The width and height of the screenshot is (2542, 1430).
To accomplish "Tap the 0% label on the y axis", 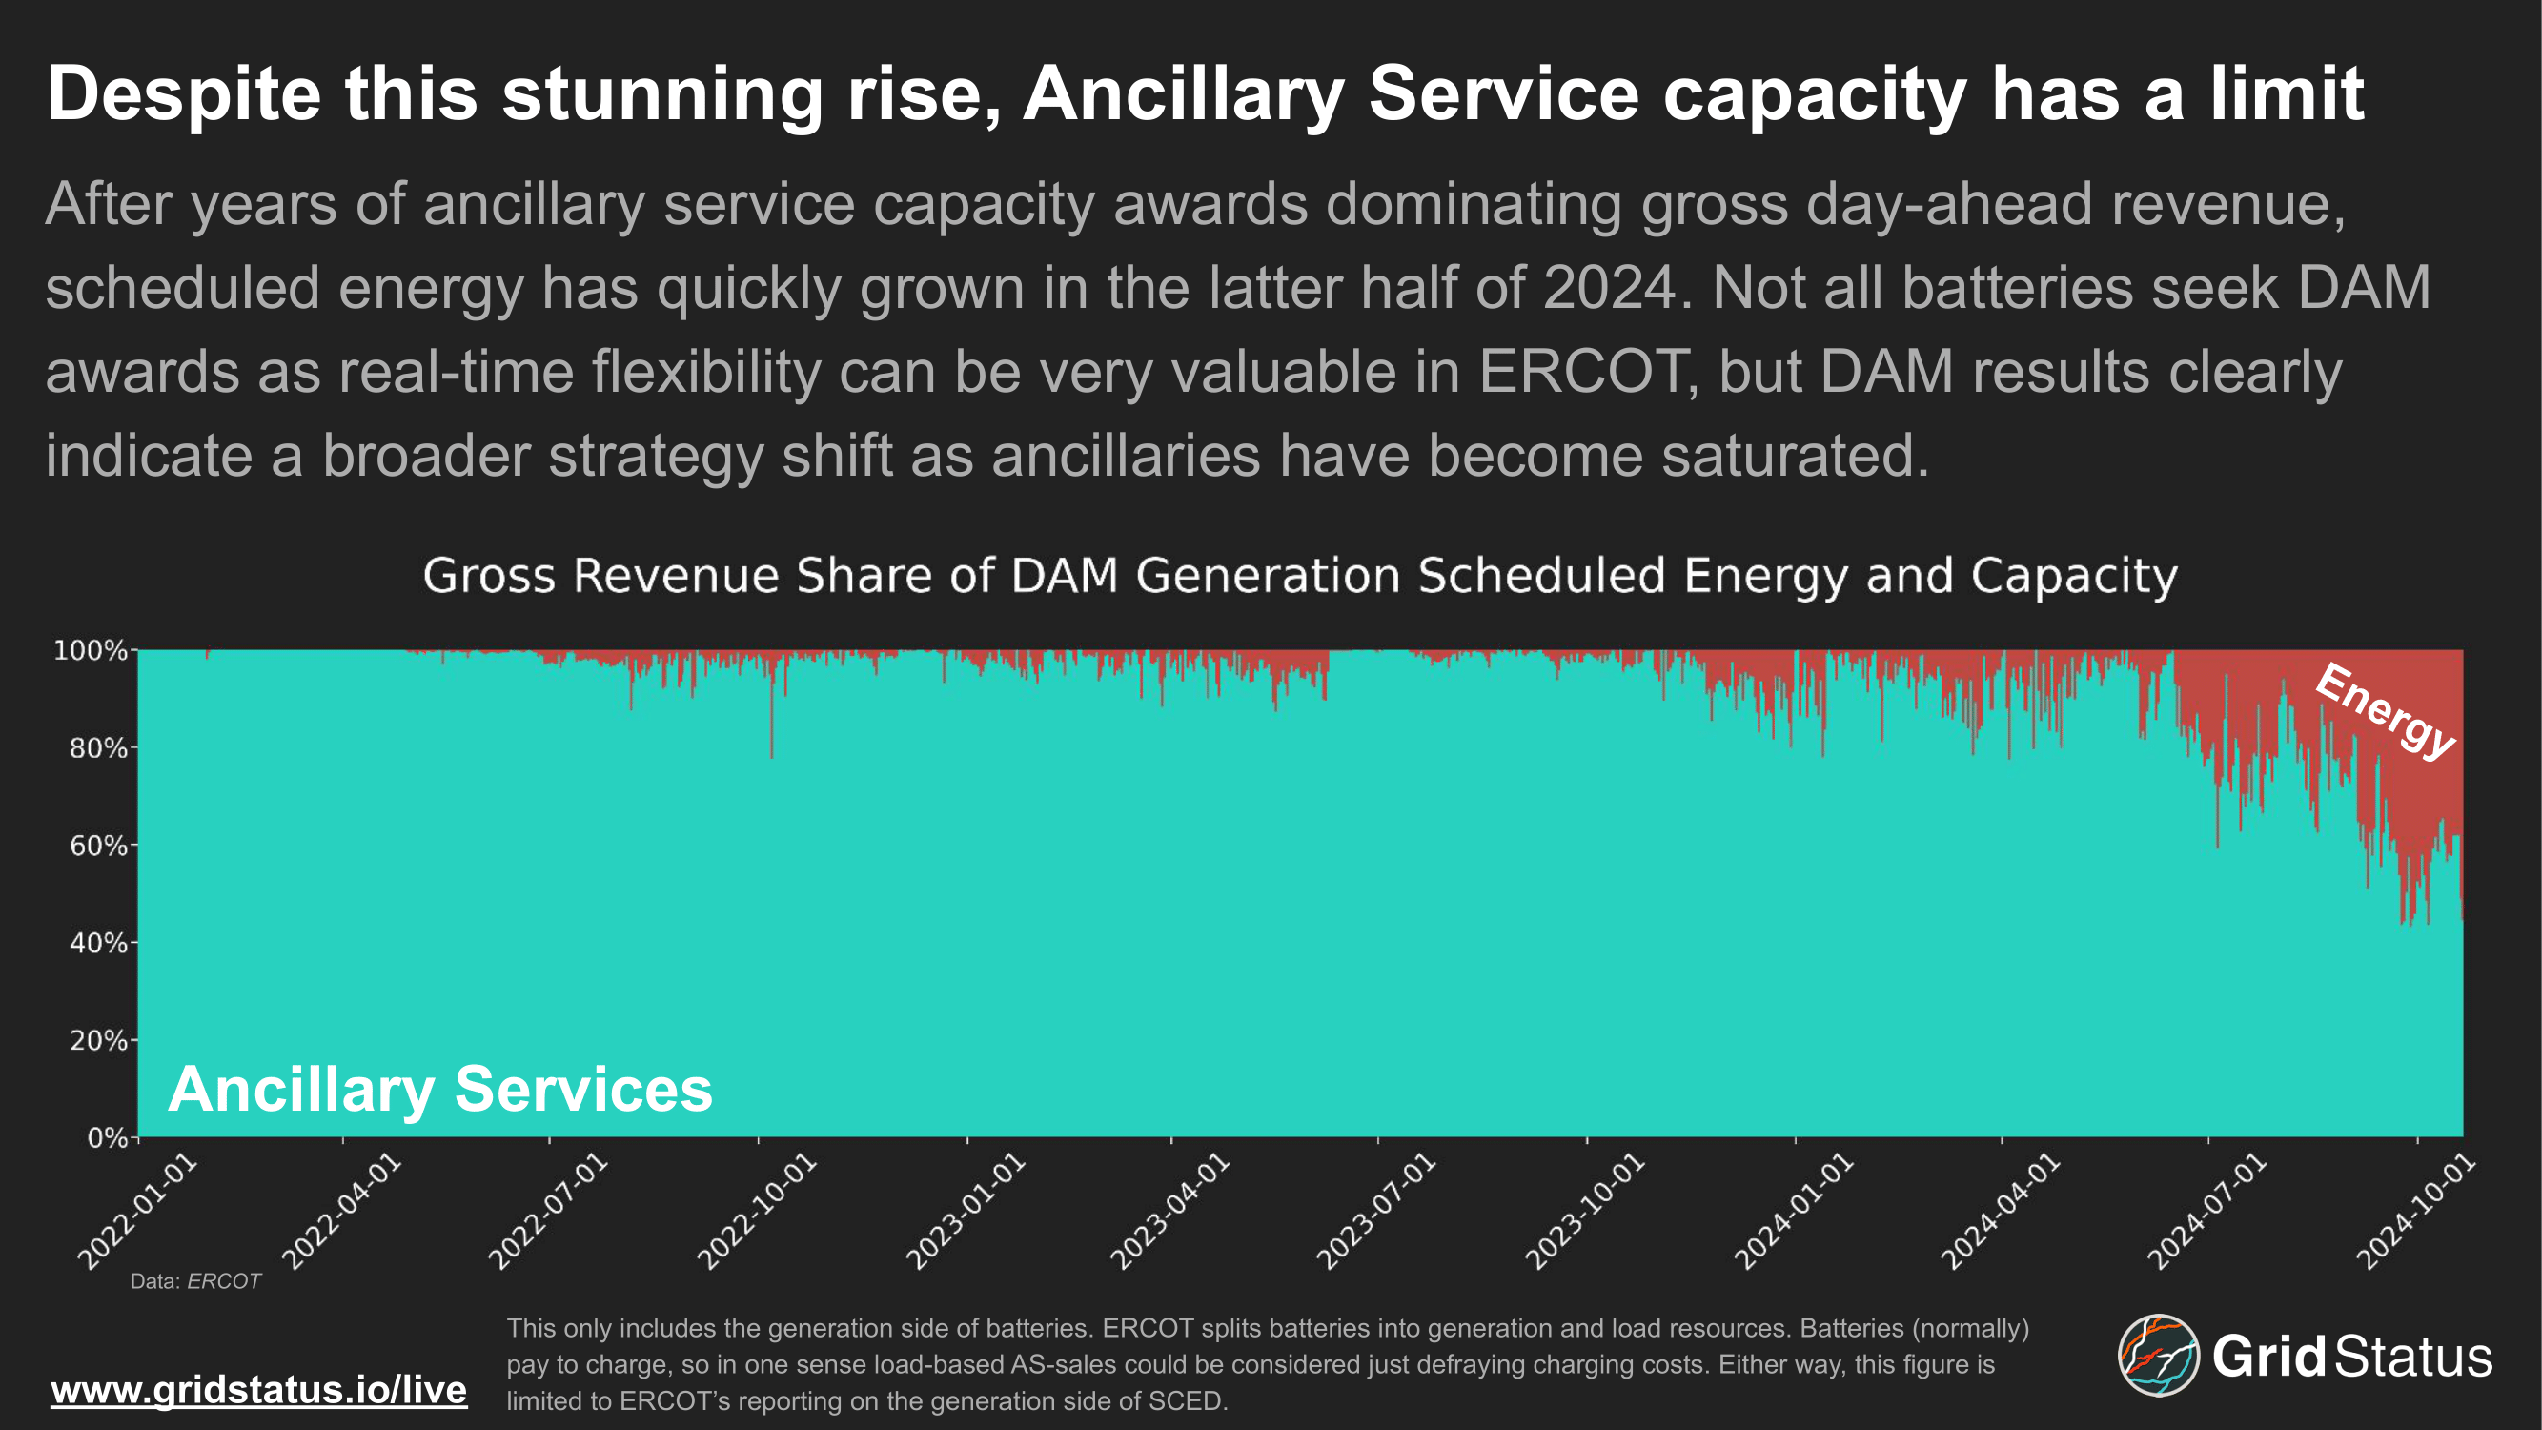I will coord(107,1138).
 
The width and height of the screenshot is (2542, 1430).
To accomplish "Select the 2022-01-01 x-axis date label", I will coord(138,1212).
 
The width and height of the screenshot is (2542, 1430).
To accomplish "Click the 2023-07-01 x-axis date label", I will coord(1376,1212).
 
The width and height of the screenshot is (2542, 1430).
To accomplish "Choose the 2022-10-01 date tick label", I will coord(757,1212).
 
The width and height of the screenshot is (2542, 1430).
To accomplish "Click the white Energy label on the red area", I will coord(2384,711).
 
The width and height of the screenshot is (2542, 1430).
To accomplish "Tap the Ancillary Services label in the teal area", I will coord(440,1089).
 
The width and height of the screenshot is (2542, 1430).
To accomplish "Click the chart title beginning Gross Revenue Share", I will coord(1300,576).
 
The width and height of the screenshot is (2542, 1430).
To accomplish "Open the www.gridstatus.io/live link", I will coord(258,1390).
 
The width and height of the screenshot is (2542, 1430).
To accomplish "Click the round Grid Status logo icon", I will coord(2158,1355).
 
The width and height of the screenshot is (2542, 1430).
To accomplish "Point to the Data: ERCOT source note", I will coord(195,1281).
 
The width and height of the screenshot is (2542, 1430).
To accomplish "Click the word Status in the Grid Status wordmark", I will coord(2413,1357).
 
